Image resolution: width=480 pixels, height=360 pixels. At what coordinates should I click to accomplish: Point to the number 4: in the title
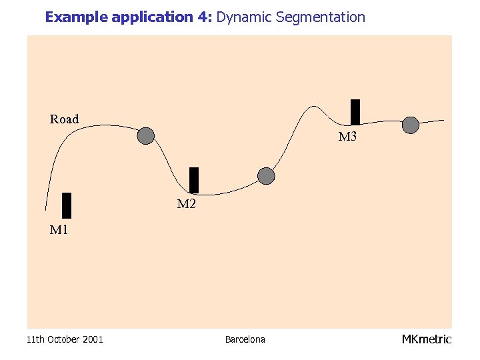[204, 17]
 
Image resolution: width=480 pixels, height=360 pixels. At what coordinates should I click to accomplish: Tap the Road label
[64, 119]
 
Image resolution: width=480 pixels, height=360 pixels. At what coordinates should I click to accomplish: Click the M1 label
[59, 231]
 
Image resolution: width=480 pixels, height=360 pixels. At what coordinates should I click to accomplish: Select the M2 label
[186, 204]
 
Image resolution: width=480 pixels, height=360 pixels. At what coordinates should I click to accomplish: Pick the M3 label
[347, 137]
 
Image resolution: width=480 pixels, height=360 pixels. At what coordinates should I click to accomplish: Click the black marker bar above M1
[66, 205]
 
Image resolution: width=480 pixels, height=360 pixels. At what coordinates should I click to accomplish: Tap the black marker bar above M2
[194, 180]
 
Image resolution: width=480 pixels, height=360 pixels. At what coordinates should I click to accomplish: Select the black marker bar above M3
[355, 112]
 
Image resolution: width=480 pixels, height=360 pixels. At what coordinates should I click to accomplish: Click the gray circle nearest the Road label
[146, 136]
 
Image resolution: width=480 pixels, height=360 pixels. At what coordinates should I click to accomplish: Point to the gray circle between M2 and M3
[266, 176]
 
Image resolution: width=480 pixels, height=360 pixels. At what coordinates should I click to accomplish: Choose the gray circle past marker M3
[411, 125]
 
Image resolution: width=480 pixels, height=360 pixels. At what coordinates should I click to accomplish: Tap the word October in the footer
[63, 339]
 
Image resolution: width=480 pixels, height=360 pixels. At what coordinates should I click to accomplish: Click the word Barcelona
[245, 339]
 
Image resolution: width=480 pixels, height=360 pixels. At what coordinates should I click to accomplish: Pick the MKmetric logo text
[426, 339]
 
